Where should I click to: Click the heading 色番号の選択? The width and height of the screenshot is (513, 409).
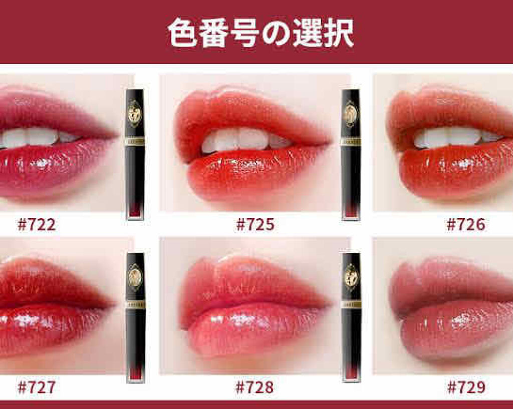click(261, 33)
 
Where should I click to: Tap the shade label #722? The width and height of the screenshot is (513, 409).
click(36, 225)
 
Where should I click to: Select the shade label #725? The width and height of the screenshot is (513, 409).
click(255, 225)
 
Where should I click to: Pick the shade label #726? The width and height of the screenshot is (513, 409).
click(466, 225)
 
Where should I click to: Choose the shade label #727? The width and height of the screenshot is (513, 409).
click(36, 387)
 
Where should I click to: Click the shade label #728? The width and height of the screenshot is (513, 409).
click(254, 387)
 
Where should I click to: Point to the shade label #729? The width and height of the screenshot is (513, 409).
click(466, 387)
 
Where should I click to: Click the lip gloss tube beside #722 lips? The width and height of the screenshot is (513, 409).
click(135, 154)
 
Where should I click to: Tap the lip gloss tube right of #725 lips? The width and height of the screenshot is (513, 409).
click(350, 154)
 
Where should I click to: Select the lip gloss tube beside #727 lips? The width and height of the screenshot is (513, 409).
click(135, 317)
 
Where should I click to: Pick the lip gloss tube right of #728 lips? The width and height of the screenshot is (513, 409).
click(351, 317)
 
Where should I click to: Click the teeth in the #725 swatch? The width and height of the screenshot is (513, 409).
click(245, 140)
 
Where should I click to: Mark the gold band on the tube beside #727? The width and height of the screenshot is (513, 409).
click(135, 304)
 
